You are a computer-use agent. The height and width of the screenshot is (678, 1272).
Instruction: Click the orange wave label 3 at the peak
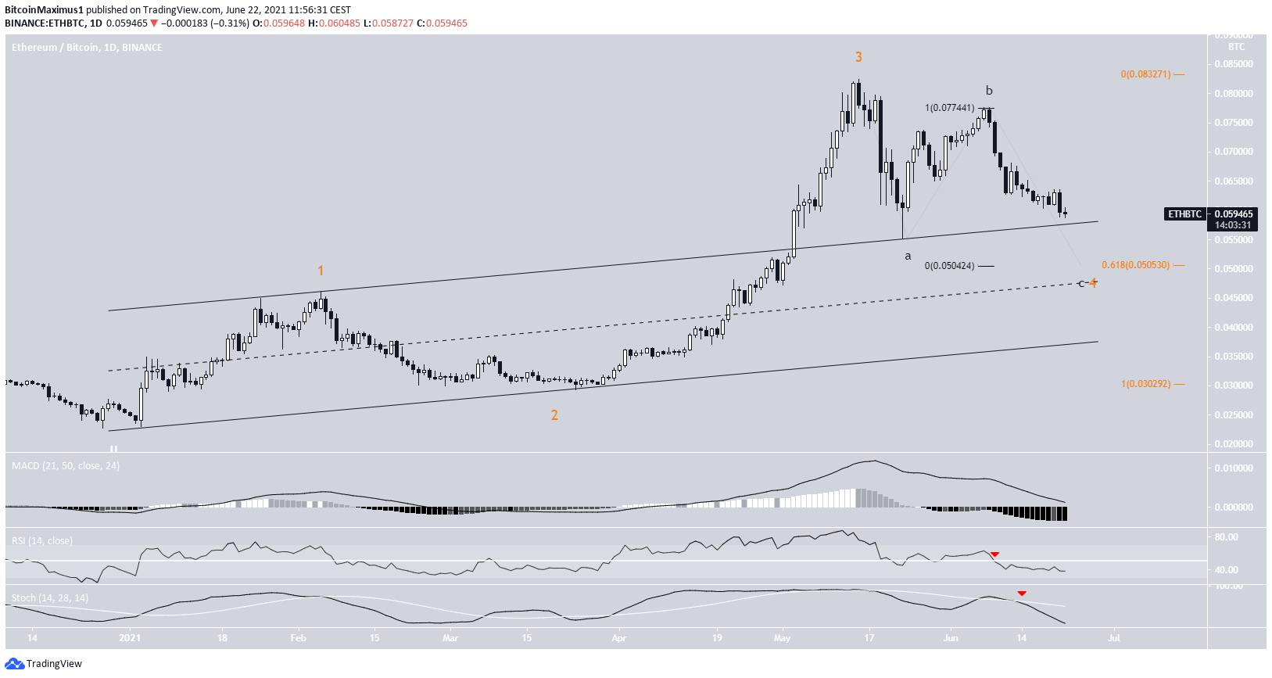pyautogui.click(x=858, y=57)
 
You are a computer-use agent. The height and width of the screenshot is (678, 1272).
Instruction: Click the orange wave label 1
pyautogui.click(x=321, y=271)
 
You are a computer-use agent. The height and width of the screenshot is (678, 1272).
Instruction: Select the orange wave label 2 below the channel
pyautogui.click(x=554, y=415)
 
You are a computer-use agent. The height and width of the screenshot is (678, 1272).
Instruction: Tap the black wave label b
pyautogui.click(x=989, y=91)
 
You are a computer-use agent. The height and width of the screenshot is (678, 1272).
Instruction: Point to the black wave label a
pyautogui.click(x=908, y=256)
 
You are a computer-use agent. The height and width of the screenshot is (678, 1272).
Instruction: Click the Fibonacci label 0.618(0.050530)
pyautogui.click(x=1135, y=265)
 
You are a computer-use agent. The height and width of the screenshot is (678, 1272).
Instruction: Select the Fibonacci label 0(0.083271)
pyautogui.click(x=1145, y=74)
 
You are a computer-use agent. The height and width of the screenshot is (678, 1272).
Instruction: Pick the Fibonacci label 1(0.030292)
pyautogui.click(x=1145, y=384)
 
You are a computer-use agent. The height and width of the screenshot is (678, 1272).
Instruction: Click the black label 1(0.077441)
pyautogui.click(x=949, y=108)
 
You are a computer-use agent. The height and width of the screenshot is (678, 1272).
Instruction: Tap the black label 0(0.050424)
pyautogui.click(x=949, y=266)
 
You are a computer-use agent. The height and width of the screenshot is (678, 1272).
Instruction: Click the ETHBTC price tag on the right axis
pyautogui.click(x=1185, y=214)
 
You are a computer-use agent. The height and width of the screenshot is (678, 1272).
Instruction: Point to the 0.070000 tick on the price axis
pyautogui.click(x=1233, y=152)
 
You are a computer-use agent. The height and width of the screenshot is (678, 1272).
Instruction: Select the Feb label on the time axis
pyautogui.click(x=298, y=638)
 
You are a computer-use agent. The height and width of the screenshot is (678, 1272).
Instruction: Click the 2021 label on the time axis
pyautogui.click(x=130, y=638)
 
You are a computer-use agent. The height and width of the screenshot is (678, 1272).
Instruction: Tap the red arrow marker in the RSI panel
pyautogui.click(x=994, y=554)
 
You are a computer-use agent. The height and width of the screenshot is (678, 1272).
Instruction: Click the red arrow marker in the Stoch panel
pyautogui.click(x=1022, y=594)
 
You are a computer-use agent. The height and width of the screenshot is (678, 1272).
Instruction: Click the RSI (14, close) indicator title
pyautogui.click(x=42, y=541)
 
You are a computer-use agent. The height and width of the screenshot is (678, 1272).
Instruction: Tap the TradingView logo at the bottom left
pyautogui.click(x=44, y=664)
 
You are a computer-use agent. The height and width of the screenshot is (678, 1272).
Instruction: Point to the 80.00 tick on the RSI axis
pyautogui.click(x=1226, y=537)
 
